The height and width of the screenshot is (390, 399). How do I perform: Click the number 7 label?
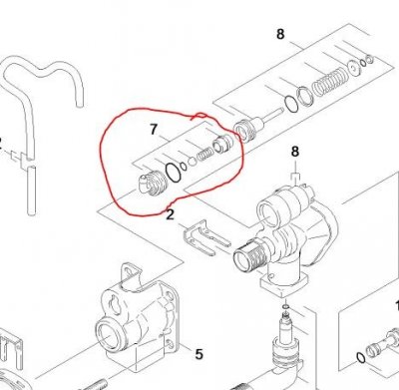tap(153, 129)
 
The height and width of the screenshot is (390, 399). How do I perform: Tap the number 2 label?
tap(170, 214)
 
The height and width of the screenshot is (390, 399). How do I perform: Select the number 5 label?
tap(199, 354)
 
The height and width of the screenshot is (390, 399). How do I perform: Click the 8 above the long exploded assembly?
tap(280, 34)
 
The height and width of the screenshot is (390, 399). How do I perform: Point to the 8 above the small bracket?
tap(295, 152)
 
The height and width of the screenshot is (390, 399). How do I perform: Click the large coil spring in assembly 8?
tap(328, 83)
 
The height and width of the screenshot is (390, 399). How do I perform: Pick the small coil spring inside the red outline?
tap(204, 155)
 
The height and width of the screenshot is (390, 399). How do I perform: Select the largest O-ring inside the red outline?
tap(174, 173)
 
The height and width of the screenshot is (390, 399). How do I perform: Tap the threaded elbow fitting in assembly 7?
tap(153, 184)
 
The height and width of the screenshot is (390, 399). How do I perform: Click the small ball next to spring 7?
tap(193, 162)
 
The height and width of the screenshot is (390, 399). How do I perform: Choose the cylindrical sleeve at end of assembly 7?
tap(222, 143)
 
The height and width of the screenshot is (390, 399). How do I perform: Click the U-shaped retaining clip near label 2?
tap(206, 236)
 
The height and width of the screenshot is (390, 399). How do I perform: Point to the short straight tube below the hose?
tap(31, 191)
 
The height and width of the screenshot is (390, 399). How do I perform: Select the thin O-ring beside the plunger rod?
tap(291, 104)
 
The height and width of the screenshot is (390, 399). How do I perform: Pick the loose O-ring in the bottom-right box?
tap(361, 358)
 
